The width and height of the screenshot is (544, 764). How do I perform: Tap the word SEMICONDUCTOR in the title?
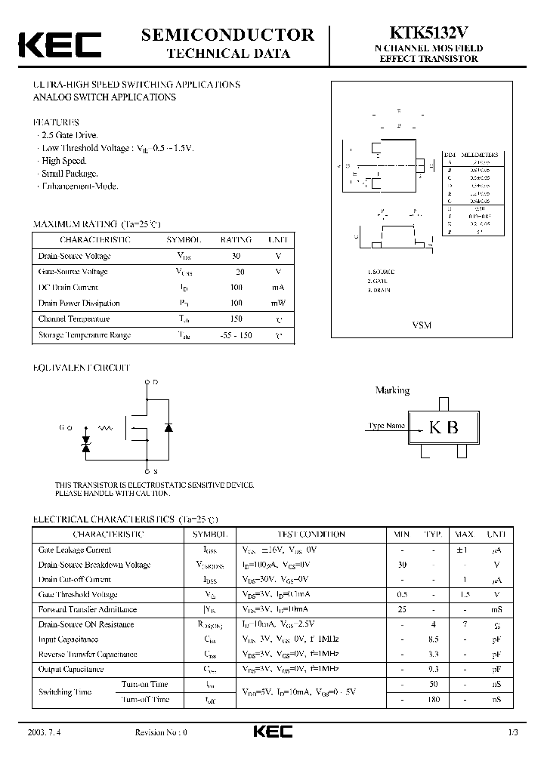(228, 35)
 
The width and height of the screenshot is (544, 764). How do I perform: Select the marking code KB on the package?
(444, 427)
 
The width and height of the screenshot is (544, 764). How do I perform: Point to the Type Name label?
(386, 426)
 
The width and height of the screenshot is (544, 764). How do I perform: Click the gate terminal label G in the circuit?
(62, 428)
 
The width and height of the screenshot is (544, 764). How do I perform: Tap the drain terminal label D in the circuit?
(156, 383)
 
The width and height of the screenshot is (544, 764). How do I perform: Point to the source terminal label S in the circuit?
(156, 472)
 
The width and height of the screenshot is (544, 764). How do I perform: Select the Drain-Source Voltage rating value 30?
(236, 256)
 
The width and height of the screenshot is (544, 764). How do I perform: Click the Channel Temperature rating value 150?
(236, 319)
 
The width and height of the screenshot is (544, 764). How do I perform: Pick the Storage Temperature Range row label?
(85, 334)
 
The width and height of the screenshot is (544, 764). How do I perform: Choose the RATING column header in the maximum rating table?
(236, 240)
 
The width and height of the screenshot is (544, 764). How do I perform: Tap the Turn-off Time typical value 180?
(433, 700)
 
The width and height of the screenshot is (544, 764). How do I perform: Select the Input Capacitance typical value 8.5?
(433, 639)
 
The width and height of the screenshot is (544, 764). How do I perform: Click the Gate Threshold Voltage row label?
(78, 595)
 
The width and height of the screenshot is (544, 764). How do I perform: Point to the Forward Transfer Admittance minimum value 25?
(402, 609)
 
